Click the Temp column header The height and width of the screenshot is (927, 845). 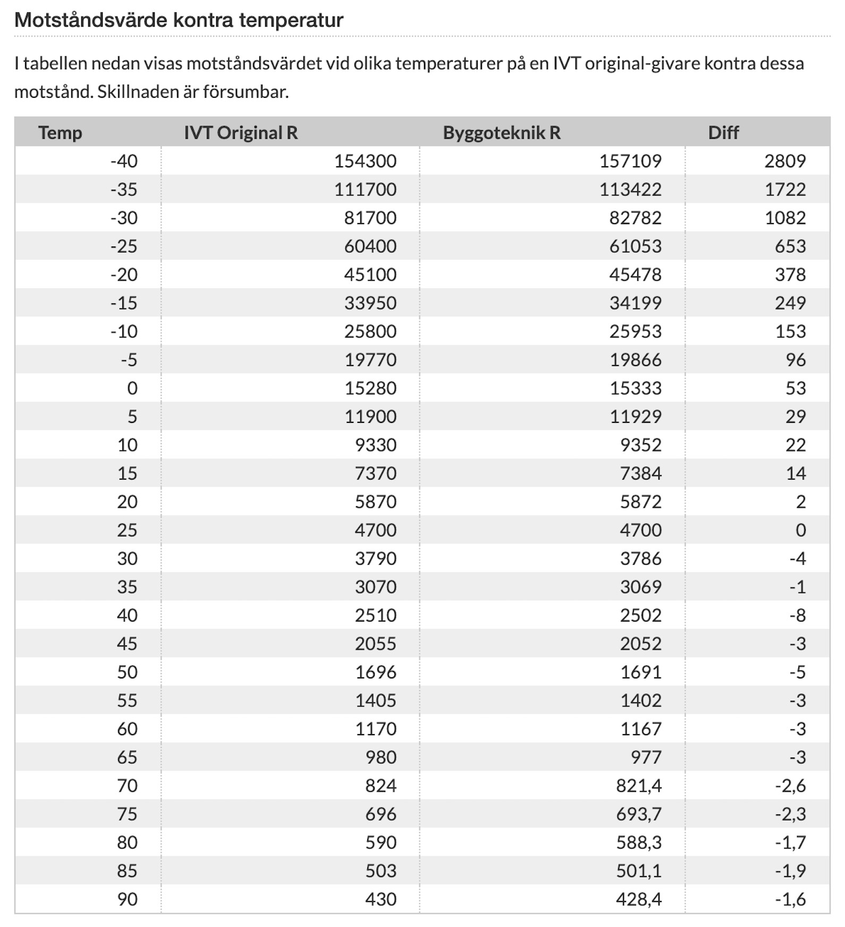click(x=60, y=132)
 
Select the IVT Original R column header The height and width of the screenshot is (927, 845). click(x=240, y=132)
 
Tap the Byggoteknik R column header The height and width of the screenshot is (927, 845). click(x=501, y=132)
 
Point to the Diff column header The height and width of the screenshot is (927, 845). click(x=723, y=132)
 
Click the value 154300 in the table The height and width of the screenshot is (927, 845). click(x=365, y=161)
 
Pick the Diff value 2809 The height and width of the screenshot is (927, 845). click(x=784, y=161)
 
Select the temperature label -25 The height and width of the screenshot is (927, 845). click(x=123, y=246)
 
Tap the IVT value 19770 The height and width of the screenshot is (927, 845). click(x=370, y=360)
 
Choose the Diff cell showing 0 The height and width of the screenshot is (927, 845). click(x=800, y=530)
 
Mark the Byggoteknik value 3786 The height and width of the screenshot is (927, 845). click(x=640, y=559)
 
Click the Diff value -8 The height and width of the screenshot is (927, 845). click(x=797, y=616)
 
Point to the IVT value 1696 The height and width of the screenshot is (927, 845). click(x=375, y=673)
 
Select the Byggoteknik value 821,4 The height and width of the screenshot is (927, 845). click(x=638, y=786)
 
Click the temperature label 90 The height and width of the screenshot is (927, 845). click(x=127, y=899)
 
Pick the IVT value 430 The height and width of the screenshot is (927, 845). click(x=381, y=899)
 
